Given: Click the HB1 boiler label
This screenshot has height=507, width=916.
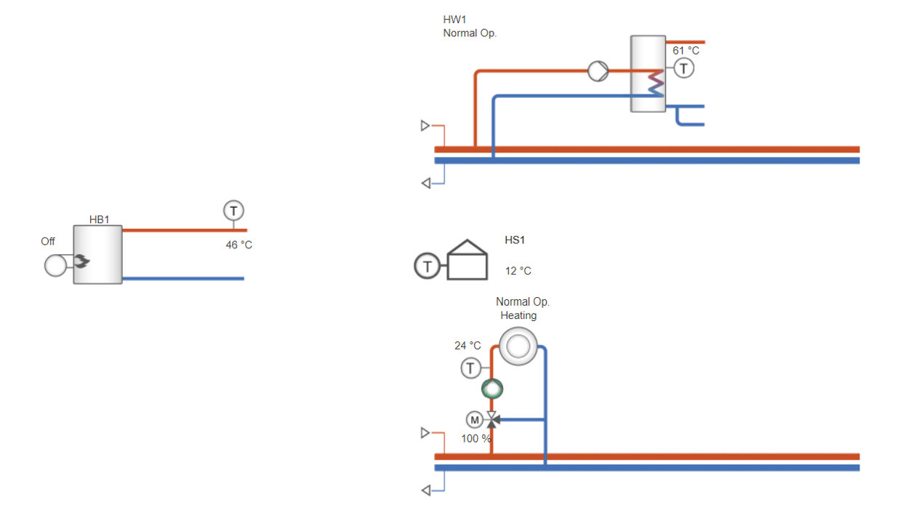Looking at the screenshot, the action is (100, 219).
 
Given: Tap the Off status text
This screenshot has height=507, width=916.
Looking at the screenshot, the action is (48, 241).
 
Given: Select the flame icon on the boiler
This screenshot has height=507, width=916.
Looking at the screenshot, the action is (81, 261).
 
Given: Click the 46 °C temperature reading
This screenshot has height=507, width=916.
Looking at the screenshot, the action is (238, 245).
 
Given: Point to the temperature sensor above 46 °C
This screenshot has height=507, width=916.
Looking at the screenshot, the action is (233, 211).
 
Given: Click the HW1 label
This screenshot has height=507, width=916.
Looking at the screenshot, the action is (455, 19).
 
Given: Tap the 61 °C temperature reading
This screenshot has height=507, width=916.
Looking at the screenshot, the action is (686, 50).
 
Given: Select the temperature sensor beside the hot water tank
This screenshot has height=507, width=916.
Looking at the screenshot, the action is (683, 68).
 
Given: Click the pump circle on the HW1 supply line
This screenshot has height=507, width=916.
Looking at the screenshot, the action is (598, 71).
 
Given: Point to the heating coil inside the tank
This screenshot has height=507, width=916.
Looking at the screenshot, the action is (656, 83).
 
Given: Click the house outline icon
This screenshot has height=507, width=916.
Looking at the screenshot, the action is (467, 259).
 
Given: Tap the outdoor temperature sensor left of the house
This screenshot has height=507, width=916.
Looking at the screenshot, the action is (427, 266).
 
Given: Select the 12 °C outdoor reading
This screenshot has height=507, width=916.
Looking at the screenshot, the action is (518, 271).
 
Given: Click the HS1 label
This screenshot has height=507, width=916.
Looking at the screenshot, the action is (515, 240).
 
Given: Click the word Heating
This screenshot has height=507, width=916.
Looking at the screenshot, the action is (518, 315).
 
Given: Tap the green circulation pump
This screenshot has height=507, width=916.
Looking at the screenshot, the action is (492, 389).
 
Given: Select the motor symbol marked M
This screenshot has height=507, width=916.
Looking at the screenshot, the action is (474, 420).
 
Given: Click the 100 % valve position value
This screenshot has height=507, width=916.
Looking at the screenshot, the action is (476, 439).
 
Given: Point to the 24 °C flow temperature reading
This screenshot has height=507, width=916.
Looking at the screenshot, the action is (467, 346).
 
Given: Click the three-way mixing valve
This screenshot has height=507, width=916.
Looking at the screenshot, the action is (492, 420).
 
